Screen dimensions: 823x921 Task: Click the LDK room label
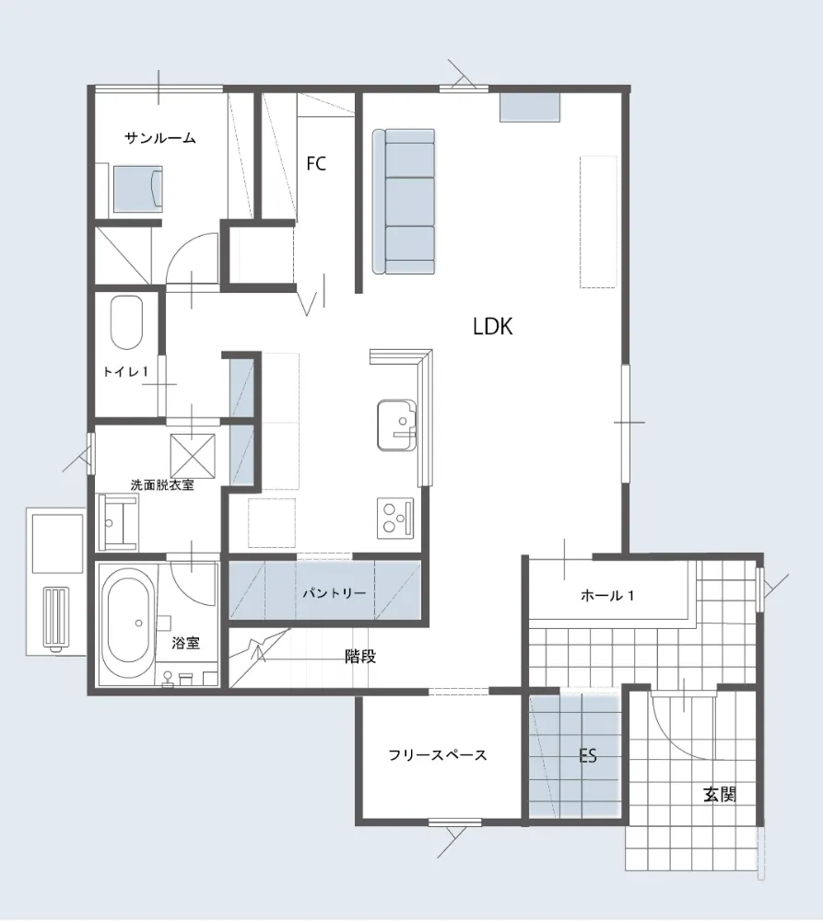493,327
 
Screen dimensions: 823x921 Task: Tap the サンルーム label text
159,139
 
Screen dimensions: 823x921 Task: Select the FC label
316,163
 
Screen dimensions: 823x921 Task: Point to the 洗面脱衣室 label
162,485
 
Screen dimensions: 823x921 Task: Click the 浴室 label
186,643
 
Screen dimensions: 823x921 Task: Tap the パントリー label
335,593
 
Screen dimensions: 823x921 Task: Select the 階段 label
360,657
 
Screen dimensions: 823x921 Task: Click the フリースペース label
438,755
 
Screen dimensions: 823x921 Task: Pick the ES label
588,755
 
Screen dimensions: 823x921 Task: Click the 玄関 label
720,795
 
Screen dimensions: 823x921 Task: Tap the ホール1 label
607,596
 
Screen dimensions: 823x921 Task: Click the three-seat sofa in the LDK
404,202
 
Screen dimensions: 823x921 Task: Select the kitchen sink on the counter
397,426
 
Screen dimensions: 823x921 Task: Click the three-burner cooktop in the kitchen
395,518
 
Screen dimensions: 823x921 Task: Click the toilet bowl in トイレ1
126,322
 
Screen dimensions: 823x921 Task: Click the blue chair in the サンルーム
137,189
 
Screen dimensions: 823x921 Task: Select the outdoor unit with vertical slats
56,619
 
